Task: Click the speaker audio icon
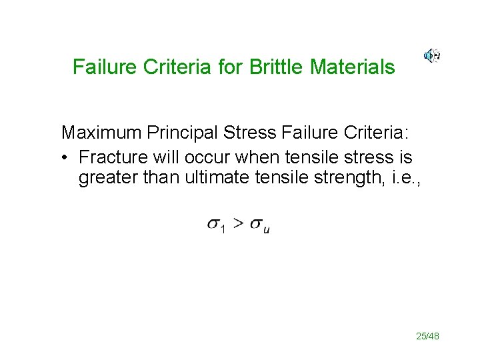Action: coord(431,56)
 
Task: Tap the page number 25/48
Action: coord(427,336)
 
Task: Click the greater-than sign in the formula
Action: coord(238,224)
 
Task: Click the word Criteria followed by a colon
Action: coord(375,133)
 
